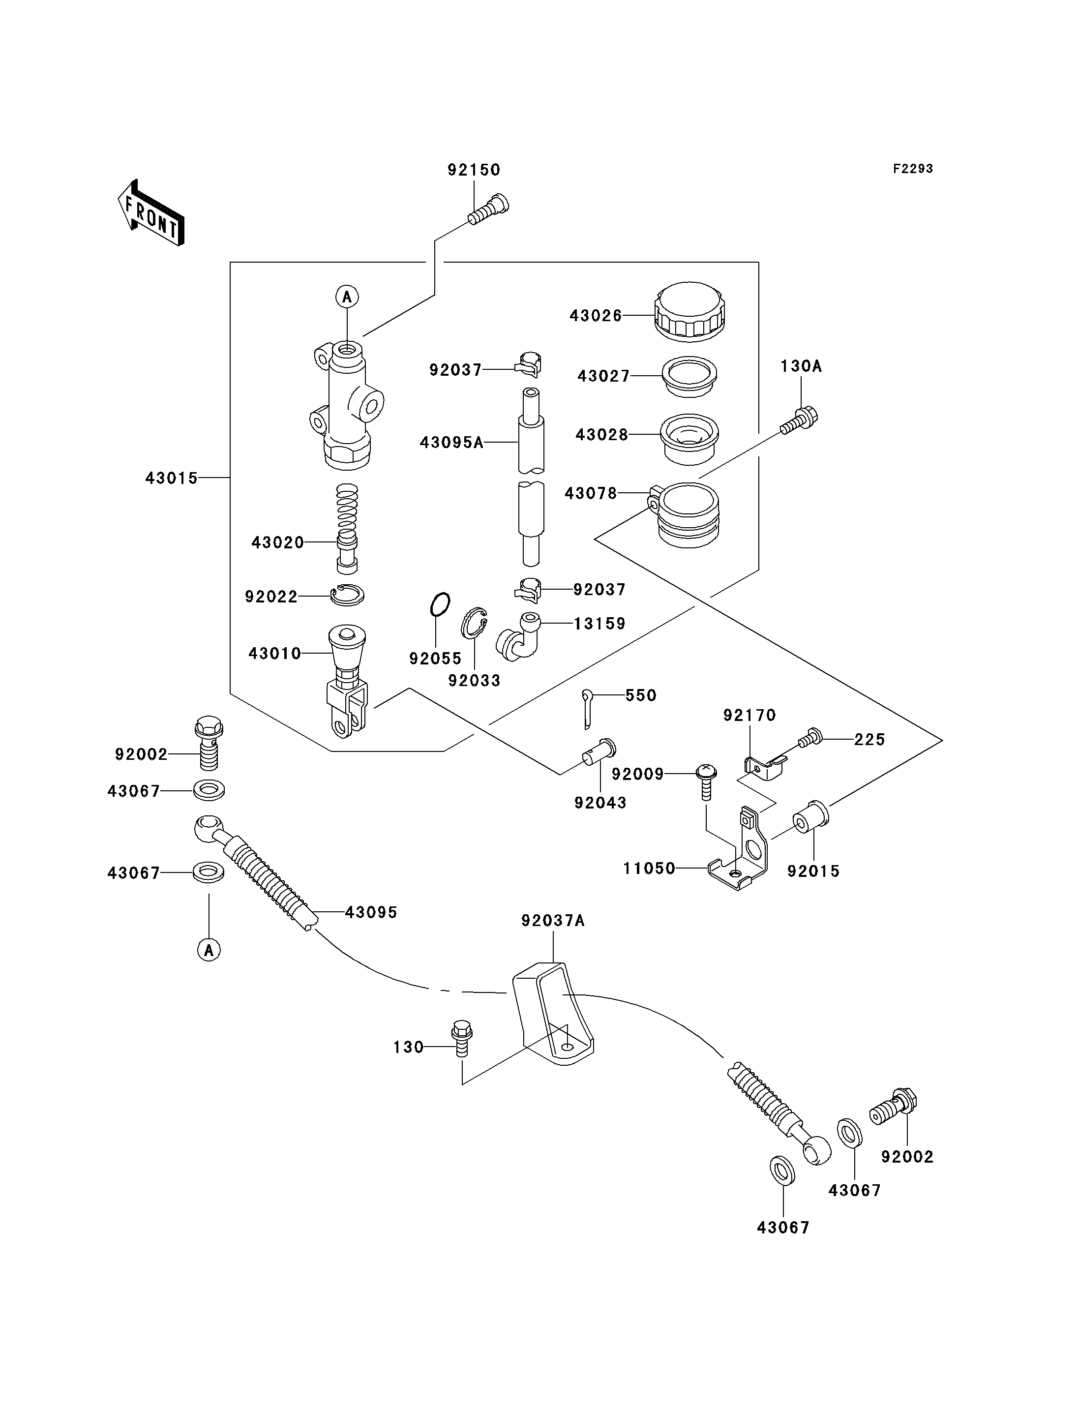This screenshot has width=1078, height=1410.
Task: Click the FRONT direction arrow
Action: pyautogui.click(x=151, y=214)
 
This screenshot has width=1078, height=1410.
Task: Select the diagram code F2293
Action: pyautogui.click(x=913, y=169)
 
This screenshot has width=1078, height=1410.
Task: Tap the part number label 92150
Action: pyautogui.click(x=474, y=170)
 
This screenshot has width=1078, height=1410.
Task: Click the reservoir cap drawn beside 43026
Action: pyautogui.click(x=690, y=311)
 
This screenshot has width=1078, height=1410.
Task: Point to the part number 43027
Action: pyautogui.click(x=604, y=376)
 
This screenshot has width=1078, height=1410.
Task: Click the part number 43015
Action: pyautogui.click(x=171, y=478)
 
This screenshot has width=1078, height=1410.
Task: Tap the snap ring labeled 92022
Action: pyautogui.click(x=347, y=595)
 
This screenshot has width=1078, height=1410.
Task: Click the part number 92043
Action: pyautogui.click(x=600, y=803)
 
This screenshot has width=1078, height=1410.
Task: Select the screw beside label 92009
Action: pyautogui.click(x=706, y=781)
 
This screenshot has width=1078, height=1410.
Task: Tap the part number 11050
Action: pyautogui.click(x=649, y=869)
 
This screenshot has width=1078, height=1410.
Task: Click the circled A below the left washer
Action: pyautogui.click(x=209, y=949)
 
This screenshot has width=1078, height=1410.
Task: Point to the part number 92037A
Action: pyautogui.click(x=552, y=921)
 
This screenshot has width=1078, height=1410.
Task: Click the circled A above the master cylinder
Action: pyautogui.click(x=347, y=297)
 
